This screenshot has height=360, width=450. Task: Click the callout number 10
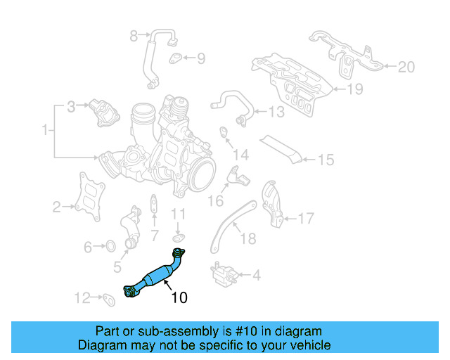pos(179,297)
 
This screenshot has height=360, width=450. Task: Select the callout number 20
pos(406,67)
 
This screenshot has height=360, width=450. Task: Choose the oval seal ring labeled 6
pos(110,247)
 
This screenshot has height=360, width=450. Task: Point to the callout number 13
pos(276,111)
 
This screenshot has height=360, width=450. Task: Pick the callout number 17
pos(305,219)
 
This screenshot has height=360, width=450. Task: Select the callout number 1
pos(46,130)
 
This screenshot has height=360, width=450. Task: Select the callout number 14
pos(241,155)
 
